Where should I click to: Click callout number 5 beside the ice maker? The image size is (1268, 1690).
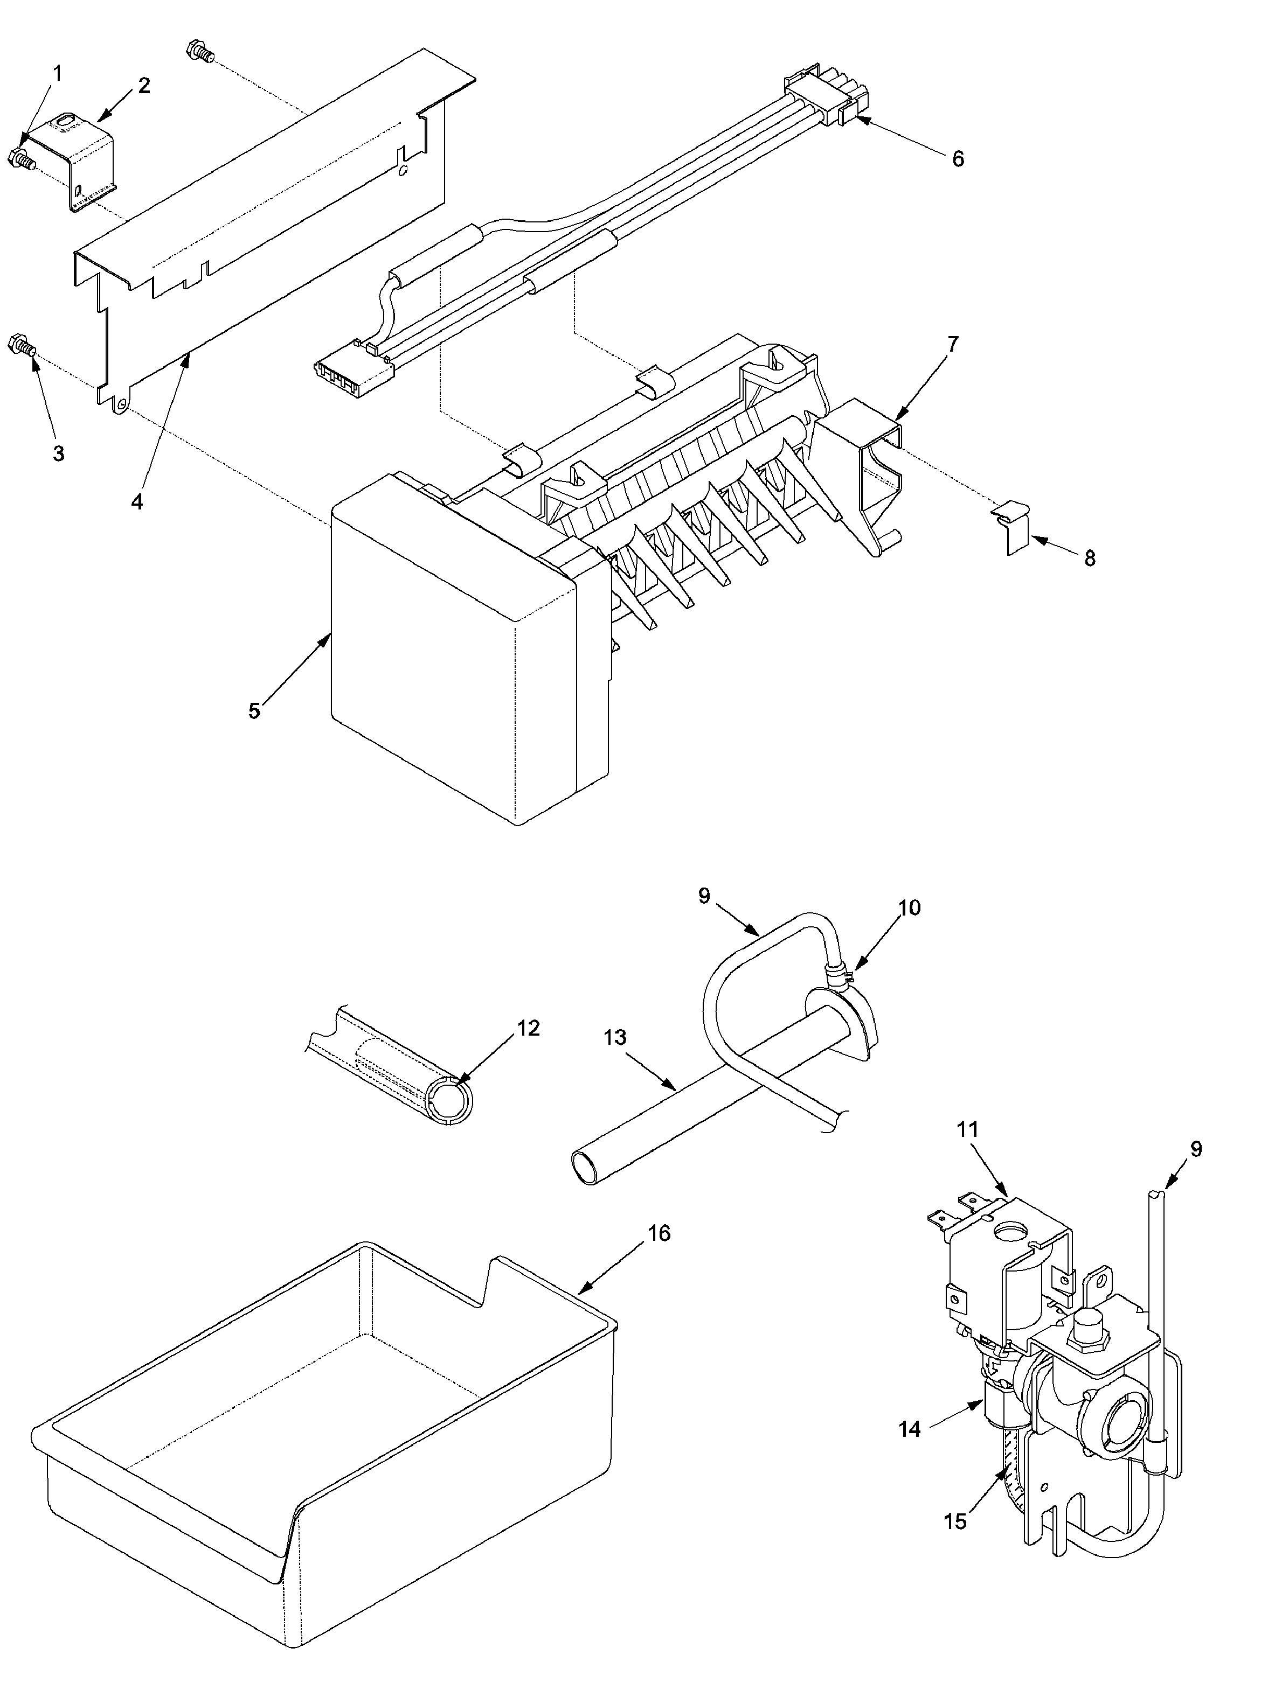coord(254,710)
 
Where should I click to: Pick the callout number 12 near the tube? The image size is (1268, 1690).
coord(528,1028)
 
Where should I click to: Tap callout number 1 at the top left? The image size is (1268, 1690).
coord(58,73)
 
